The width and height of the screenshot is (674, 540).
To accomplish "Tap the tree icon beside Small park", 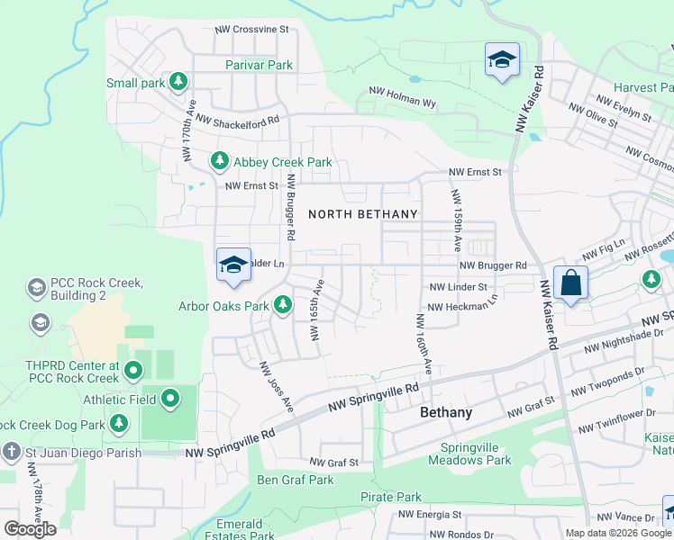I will [x=178, y=82].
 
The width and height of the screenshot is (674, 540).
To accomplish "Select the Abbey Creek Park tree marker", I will [x=219, y=161].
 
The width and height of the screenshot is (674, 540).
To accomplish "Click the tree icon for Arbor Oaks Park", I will [x=283, y=305].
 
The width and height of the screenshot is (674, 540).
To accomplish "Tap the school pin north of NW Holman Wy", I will [x=502, y=59].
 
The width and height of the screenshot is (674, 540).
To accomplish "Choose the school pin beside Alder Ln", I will [x=233, y=265].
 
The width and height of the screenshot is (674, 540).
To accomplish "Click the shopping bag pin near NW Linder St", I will [x=570, y=283].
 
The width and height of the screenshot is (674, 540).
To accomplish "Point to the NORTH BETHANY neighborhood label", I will [x=363, y=214].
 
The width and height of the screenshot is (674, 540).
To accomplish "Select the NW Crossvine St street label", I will [x=251, y=29].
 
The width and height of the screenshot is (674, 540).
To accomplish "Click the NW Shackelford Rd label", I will [x=238, y=119].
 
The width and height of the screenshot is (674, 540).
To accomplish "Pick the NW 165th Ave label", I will [x=317, y=310].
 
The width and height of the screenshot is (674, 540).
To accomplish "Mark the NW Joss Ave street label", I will [x=277, y=387].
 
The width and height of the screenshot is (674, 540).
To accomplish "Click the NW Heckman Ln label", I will [x=462, y=306].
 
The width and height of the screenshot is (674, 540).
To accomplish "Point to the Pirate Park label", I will [x=390, y=497].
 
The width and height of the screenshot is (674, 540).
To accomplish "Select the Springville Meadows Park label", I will [x=476, y=454].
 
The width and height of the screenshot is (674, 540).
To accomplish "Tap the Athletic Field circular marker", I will [x=170, y=398].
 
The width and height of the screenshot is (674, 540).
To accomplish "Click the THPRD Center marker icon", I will [x=133, y=370].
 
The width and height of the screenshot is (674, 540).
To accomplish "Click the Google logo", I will [x=30, y=529].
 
